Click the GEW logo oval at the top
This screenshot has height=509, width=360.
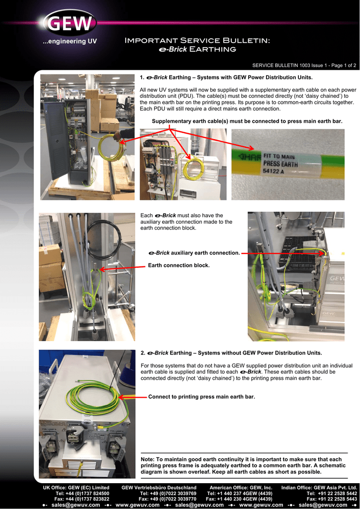click(x=70, y=23)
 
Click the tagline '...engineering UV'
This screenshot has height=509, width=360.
click(x=70, y=42)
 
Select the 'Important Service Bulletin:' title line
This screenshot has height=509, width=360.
click(x=197, y=41)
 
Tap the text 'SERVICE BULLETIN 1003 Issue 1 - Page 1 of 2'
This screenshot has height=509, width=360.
click(x=304, y=65)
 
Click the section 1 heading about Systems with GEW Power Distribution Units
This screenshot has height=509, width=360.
click(x=226, y=78)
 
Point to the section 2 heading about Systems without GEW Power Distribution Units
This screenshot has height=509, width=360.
click(x=231, y=353)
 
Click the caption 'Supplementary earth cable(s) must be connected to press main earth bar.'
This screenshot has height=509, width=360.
click(x=247, y=121)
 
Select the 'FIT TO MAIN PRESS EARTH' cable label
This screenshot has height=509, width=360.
click(x=280, y=161)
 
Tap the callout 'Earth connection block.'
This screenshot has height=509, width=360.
click(x=179, y=265)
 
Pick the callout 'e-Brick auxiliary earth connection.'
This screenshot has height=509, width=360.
click(x=194, y=253)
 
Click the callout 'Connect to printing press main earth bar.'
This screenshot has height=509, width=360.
click(x=201, y=397)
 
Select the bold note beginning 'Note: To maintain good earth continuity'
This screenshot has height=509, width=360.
click(x=243, y=465)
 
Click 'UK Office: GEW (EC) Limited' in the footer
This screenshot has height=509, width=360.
click(x=76, y=487)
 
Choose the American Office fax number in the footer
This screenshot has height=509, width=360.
click(x=239, y=499)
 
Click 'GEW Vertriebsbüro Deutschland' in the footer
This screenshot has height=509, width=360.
click(x=159, y=487)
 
